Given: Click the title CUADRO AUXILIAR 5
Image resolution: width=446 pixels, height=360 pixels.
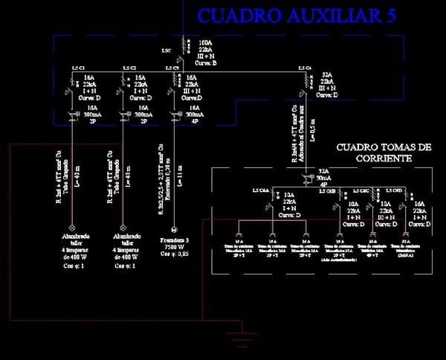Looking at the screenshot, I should point(297,16).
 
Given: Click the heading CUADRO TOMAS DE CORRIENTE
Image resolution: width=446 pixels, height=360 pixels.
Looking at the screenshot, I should point(384,153).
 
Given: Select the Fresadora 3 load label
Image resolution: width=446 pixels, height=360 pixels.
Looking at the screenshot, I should point(175,240).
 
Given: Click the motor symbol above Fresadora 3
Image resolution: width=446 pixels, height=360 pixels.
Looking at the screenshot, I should point(175,228).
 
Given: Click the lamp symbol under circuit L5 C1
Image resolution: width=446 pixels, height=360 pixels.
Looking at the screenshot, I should point(73,228).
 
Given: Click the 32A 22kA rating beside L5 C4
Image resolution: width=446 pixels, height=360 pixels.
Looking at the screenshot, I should point(326,85).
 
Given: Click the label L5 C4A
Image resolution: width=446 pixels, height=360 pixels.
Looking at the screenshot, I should point(261,191).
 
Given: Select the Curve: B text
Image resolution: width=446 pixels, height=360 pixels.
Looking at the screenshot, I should point(204,62).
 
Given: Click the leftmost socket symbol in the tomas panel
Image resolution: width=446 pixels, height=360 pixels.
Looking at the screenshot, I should point(239,231).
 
